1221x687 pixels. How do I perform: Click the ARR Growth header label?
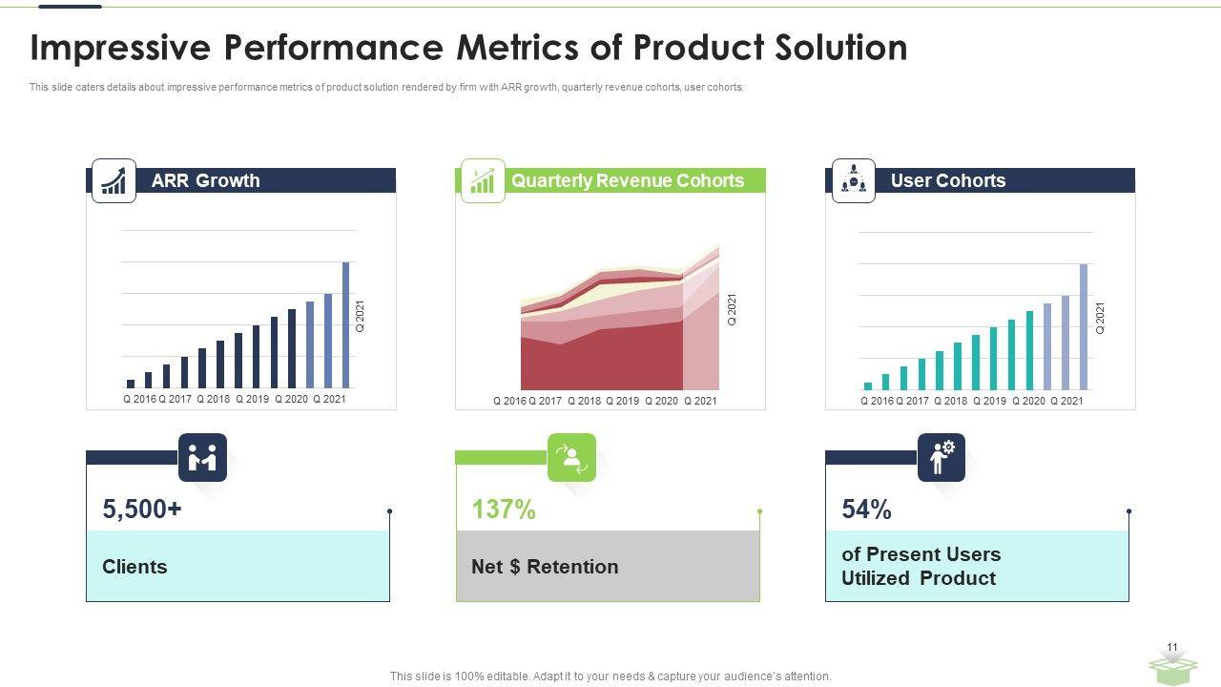click(x=205, y=180)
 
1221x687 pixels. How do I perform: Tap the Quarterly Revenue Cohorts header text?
click(x=628, y=180)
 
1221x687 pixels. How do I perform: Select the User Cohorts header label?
click(x=948, y=180)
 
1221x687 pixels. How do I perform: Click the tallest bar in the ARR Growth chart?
click(x=345, y=325)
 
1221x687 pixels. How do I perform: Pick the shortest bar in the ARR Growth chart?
click(x=131, y=384)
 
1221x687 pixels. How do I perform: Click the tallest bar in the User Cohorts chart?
click(x=1084, y=326)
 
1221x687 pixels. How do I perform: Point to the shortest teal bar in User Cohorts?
click(x=868, y=386)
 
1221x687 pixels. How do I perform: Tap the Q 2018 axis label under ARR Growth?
click(x=214, y=399)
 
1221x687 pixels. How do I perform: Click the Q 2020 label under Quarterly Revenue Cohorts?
click(x=661, y=401)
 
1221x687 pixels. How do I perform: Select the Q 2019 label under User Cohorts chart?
click(x=990, y=401)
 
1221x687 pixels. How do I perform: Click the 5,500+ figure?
click(x=142, y=510)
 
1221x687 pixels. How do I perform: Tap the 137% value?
click(x=504, y=510)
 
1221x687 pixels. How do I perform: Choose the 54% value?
click(x=867, y=510)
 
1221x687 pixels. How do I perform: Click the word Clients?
click(x=135, y=567)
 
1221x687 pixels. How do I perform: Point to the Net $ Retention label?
click(x=545, y=567)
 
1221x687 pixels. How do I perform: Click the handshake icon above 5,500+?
click(x=202, y=457)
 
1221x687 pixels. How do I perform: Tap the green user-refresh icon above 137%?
click(x=571, y=457)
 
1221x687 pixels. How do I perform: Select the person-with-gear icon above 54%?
click(x=942, y=457)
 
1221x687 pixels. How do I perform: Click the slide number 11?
click(x=1172, y=647)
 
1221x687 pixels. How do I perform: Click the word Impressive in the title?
click(x=120, y=48)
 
